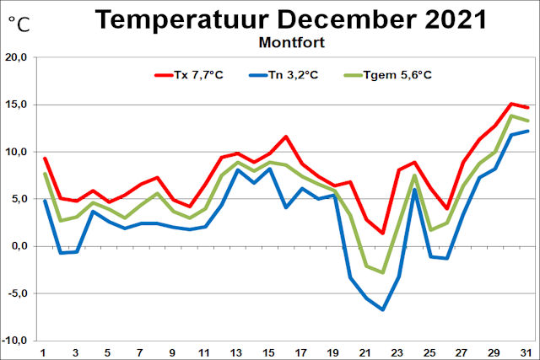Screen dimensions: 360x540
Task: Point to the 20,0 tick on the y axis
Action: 16,58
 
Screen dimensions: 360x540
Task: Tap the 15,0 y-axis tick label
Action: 16,105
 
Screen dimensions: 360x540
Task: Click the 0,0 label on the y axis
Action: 19,246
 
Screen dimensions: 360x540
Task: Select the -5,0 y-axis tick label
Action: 17,293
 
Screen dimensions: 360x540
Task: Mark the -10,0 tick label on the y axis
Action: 15,341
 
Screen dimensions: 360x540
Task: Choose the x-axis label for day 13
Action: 237,352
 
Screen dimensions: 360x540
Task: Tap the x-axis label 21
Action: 366,352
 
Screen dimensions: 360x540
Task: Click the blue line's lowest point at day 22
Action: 383,309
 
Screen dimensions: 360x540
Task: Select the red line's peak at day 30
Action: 511,104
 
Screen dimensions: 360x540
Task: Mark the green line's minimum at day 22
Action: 383,272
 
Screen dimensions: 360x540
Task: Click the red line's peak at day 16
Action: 286,137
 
